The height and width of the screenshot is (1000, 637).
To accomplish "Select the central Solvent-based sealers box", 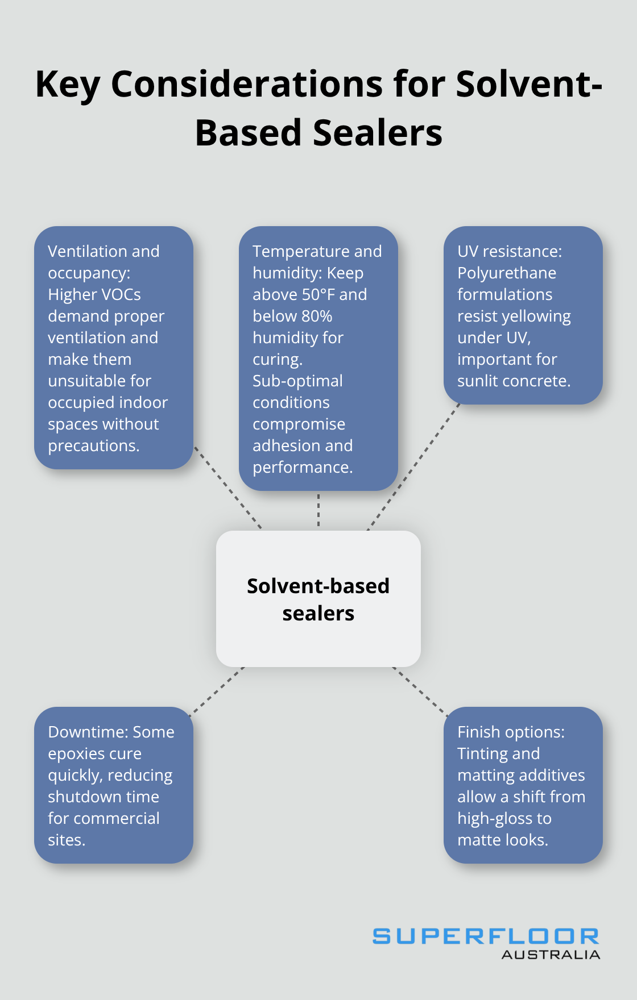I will (x=318, y=599).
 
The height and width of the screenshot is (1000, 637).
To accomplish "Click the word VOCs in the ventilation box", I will (x=118, y=295).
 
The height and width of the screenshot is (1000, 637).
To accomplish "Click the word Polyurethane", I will (x=506, y=273).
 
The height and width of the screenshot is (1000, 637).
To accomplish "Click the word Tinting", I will (x=482, y=754).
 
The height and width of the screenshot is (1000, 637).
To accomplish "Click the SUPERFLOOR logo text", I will (x=485, y=936).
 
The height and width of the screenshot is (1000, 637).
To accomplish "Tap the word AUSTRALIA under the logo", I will (x=551, y=955).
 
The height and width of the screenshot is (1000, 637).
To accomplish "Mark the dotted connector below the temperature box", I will (x=318, y=510).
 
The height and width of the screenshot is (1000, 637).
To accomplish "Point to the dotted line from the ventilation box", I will (x=227, y=488).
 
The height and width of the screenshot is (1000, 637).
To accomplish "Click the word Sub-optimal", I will (x=297, y=381).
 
